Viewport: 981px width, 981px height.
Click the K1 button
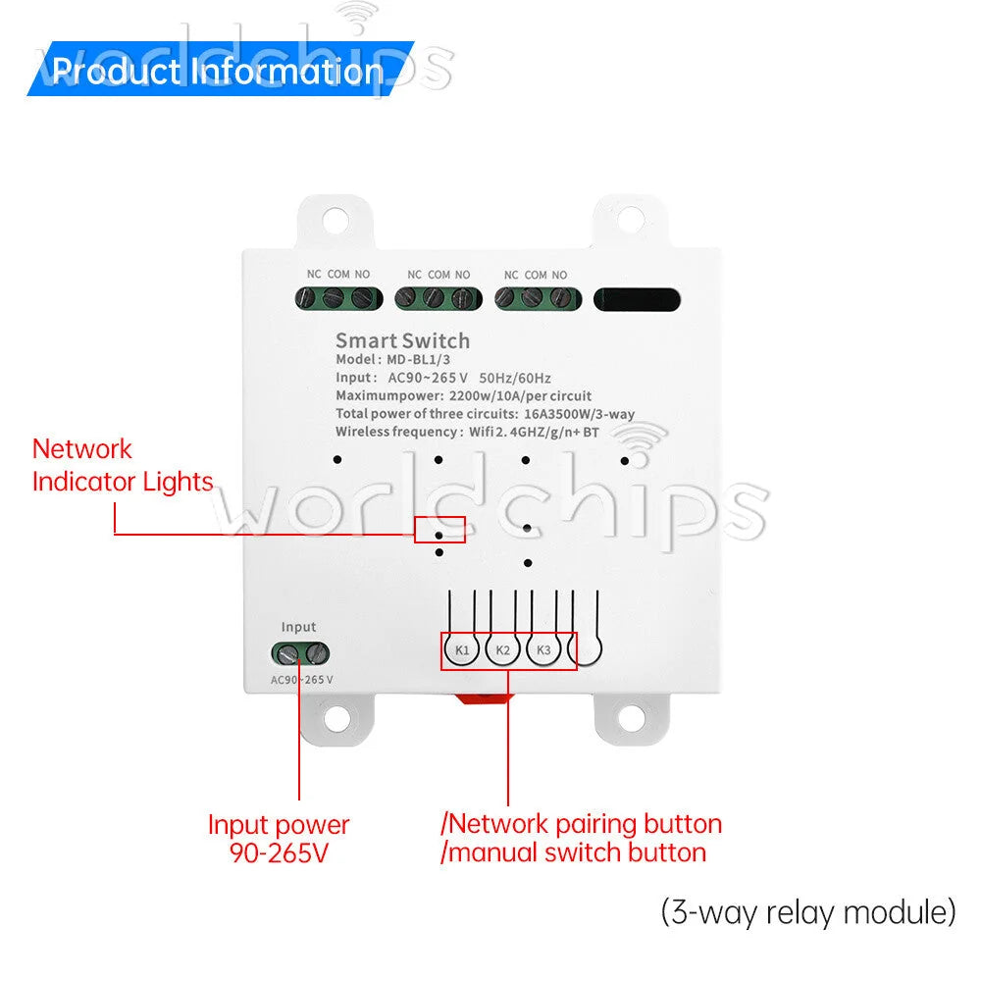(462, 650)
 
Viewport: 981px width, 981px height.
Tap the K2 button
(502, 650)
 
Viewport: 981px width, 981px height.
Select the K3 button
(543, 650)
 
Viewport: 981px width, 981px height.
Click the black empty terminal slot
(637, 299)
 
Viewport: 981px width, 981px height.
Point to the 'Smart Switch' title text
(402, 341)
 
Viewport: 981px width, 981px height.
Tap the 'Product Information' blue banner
(220, 69)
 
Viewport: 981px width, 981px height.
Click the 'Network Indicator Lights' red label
(123, 465)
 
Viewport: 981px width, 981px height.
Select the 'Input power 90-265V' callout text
(279, 839)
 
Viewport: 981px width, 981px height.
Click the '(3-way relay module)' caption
(808, 912)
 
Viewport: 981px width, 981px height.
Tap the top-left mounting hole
(335, 220)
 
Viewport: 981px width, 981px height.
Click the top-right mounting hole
(631, 219)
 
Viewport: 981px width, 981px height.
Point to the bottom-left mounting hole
(336, 718)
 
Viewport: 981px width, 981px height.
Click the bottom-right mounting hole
(631, 718)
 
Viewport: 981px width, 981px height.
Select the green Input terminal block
(300, 654)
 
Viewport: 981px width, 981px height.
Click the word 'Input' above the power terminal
(298, 627)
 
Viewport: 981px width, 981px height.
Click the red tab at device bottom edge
(483, 698)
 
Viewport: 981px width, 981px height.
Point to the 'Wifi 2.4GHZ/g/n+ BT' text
(534, 433)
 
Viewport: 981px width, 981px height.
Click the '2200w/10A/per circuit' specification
(520, 396)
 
